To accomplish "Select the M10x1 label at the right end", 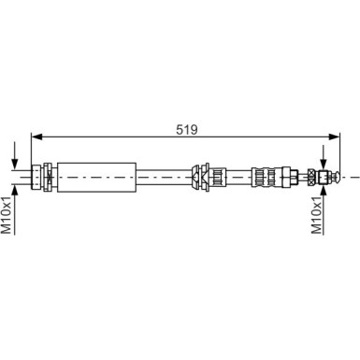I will (x=316, y=214).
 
